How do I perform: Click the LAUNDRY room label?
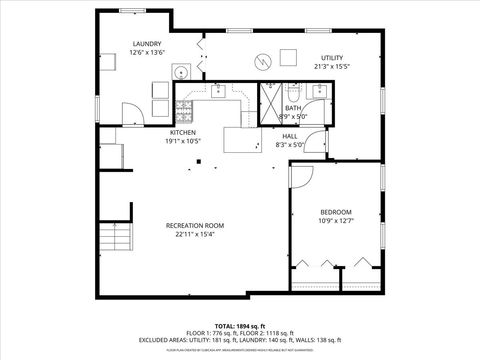point(147,43)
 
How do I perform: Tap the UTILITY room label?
point(331,58)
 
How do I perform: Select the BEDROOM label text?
point(335,212)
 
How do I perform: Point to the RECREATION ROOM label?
point(194,225)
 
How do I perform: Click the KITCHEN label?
point(182,132)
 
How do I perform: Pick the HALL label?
point(290,136)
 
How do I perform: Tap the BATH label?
point(292,108)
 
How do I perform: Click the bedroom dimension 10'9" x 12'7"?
point(335,221)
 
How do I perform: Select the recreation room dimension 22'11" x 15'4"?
point(194,234)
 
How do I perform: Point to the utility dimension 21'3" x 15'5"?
point(331,67)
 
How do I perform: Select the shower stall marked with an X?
point(270,103)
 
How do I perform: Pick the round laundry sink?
point(182,72)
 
